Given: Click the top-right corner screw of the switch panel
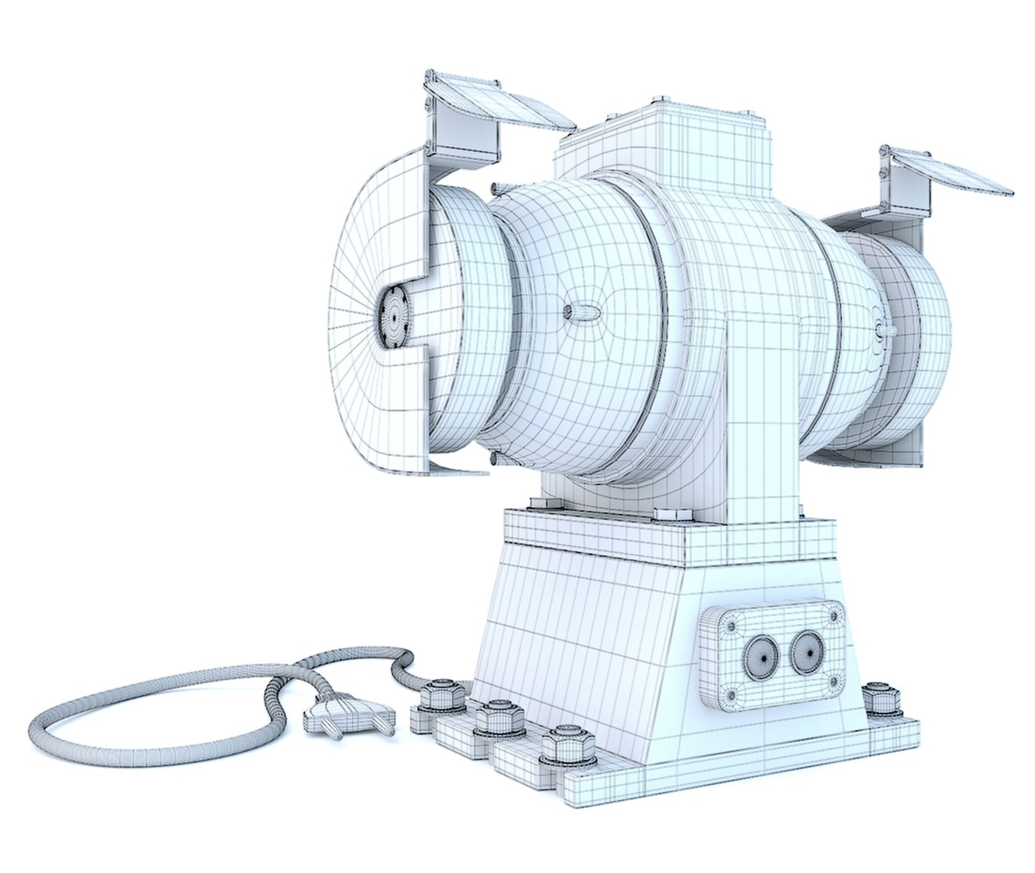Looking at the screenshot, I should pyautogui.click(x=832, y=616).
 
